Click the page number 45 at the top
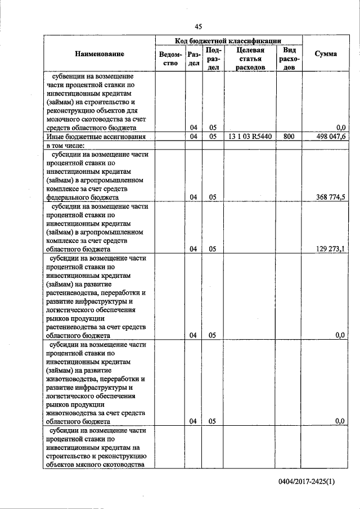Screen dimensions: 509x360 pos(198,26)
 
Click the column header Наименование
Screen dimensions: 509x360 pos(99,54)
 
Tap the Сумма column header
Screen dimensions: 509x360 pos(326,54)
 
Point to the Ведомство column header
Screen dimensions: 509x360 pos(170,58)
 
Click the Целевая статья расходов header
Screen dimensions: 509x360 pos(250,58)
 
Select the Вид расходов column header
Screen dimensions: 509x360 pos(290,58)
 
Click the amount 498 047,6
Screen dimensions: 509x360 pos(331,136)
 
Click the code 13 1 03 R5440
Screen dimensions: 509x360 pos(250,136)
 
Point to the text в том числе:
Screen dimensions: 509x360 pos(66,145)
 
